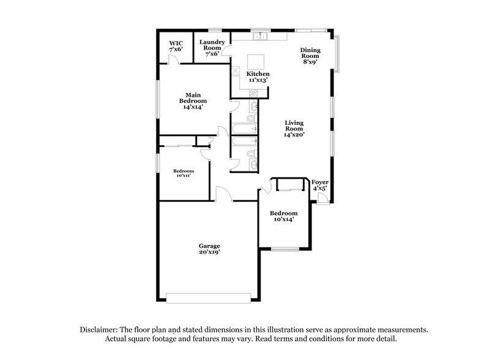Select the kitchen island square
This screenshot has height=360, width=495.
click(x=255, y=62)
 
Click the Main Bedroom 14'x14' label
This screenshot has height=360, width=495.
click(x=192, y=100)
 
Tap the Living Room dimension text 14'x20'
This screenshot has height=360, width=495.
click(x=294, y=134)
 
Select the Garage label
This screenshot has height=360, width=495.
click(x=209, y=249)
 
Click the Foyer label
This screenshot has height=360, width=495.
click(x=320, y=185)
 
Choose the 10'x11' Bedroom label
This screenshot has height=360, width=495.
click(x=184, y=173)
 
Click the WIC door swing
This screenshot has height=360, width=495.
click(x=174, y=59)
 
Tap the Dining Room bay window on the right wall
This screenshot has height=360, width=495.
click(x=338, y=51)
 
